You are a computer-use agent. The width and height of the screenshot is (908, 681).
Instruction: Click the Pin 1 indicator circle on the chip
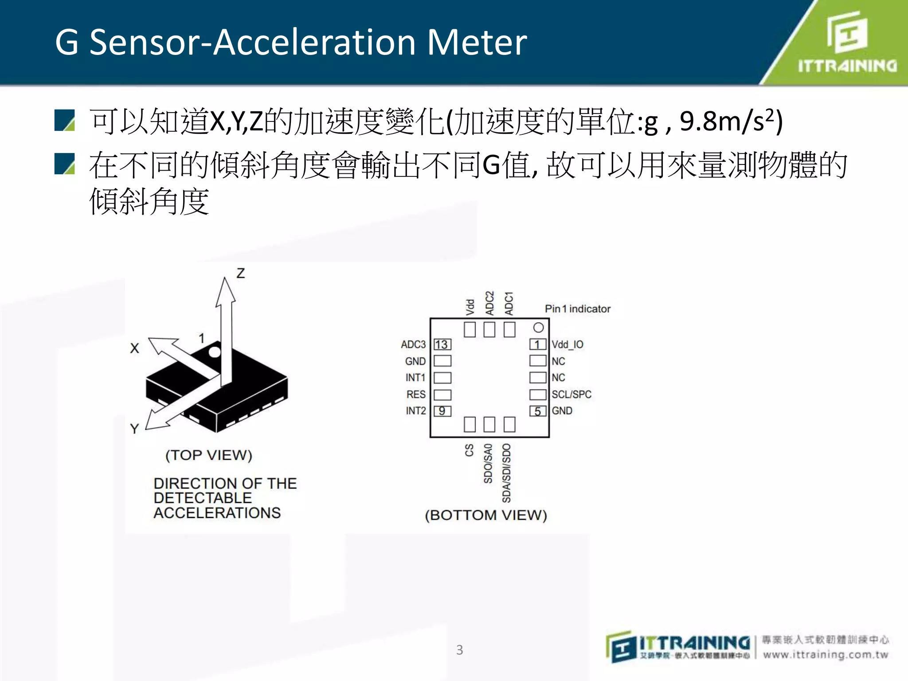click(x=538, y=328)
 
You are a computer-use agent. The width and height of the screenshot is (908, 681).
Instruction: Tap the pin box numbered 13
click(x=442, y=344)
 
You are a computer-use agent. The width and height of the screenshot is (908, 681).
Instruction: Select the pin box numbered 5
click(x=538, y=411)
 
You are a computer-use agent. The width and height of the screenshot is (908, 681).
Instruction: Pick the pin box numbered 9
click(x=442, y=411)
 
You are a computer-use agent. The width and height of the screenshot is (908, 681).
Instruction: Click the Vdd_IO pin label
click(x=567, y=344)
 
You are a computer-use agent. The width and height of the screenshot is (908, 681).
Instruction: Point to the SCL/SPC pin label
click(x=571, y=394)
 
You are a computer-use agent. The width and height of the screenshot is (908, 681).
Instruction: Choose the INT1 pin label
click(x=415, y=378)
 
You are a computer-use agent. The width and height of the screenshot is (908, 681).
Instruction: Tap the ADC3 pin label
click(x=413, y=344)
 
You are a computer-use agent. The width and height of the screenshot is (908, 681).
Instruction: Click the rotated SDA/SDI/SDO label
click(x=506, y=473)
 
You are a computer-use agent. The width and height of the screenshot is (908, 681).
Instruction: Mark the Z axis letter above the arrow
click(x=240, y=273)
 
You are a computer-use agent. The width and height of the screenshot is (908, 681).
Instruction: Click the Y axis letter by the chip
click(x=135, y=429)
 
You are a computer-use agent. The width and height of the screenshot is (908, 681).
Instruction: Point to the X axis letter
click(x=135, y=348)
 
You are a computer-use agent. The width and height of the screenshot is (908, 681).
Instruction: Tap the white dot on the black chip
click(x=215, y=352)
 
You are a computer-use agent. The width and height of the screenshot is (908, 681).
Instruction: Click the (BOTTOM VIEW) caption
click(x=486, y=515)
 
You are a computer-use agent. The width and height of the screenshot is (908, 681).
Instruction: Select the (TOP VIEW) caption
click(x=209, y=455)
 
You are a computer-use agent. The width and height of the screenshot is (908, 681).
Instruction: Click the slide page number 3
click(x=460, y=650)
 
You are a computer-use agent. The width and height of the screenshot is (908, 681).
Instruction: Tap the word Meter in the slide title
click(x=477, y=42)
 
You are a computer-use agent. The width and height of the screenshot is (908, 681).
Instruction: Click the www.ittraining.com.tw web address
click(x=826, y=655)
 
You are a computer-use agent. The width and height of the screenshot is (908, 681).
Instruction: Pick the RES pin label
click(x=416, y=394)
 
